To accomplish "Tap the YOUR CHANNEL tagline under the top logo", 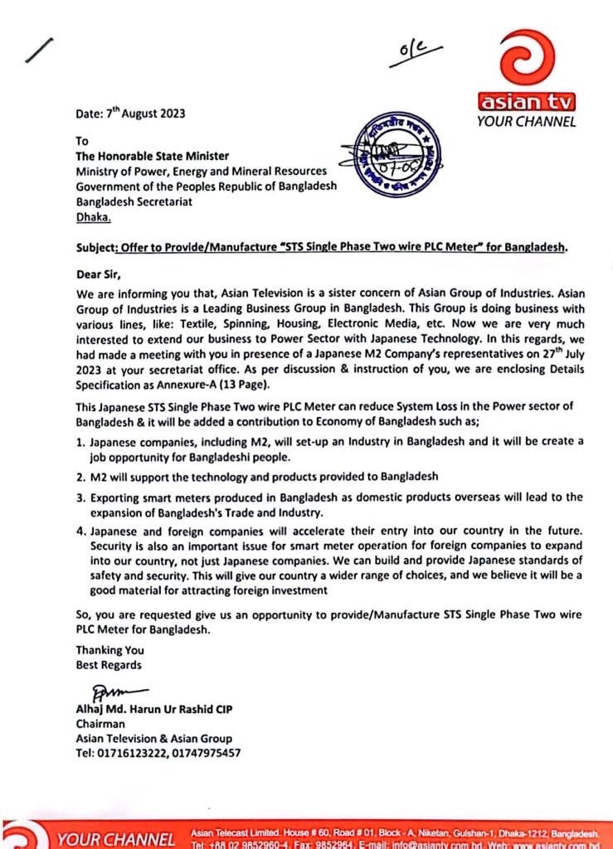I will tap(526, 122).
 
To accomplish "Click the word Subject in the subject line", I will tap(97, 247).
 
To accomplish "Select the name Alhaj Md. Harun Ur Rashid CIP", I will tap(145, 708).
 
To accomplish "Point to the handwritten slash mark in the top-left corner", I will tap(39, 51).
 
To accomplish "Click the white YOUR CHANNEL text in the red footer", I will tap(115, 839).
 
